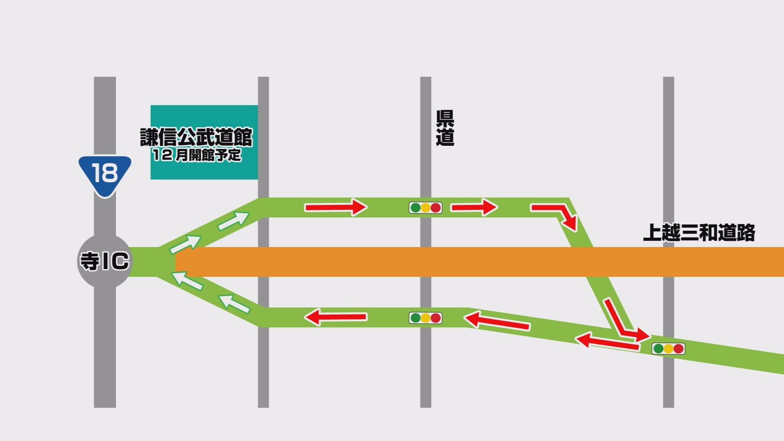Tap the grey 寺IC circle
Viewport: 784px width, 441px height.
tap(105, 261)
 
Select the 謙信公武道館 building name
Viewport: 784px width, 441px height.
tap(196, 137)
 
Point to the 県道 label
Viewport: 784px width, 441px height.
tap(445, 128)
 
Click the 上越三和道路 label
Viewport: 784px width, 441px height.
tap(699, 233)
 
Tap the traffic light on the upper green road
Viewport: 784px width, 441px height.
tap(425, 207)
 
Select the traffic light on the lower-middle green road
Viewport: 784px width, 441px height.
tap(425, 318)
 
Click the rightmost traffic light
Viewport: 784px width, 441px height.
tap(668, 349)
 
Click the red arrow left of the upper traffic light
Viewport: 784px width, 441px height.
tap(336, 207)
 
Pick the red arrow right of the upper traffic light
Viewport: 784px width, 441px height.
tap(474, 207)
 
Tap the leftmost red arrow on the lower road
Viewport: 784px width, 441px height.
tap(336, 317)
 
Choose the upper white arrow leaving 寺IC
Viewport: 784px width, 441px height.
tap(234, 220)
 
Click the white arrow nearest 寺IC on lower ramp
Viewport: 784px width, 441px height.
tap(187, 281)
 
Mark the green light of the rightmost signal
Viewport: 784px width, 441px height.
tap(658, 349)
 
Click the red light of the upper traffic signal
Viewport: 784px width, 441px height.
tap(436, 207)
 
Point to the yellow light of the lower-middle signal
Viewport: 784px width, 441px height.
tap(425, 318)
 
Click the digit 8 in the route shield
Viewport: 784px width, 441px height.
tap(110, 173)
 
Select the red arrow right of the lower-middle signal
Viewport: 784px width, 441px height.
tap(497, 321)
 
